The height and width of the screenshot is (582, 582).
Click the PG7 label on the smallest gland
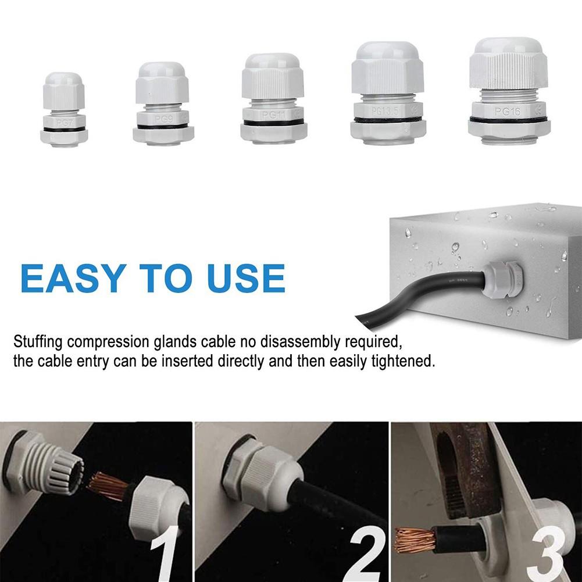[x=64, y=122]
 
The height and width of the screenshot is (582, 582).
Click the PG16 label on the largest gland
[x=507, y=111]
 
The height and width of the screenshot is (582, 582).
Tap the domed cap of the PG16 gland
[x=507, y=47]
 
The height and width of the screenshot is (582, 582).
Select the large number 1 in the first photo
[x=163, y=549]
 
